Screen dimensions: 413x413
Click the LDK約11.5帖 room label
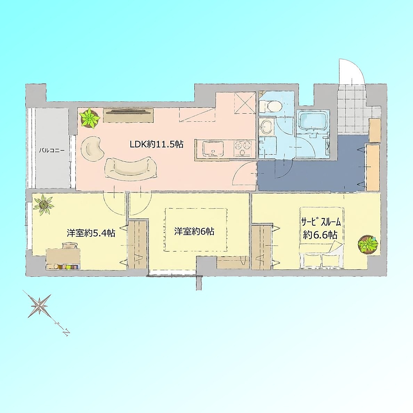tap(156, 144)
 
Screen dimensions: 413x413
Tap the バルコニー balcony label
tap(51, 151)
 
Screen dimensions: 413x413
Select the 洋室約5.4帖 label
tap(91, 233)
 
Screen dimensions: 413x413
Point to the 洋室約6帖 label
tap(194, 231)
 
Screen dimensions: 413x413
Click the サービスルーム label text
tap(321, 222)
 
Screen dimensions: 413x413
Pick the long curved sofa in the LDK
tap(131, 169)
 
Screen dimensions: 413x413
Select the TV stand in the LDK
tap(128, 115)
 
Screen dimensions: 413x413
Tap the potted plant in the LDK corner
tap(89, 118)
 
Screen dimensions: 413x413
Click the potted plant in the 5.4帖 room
tap(44, 205)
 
